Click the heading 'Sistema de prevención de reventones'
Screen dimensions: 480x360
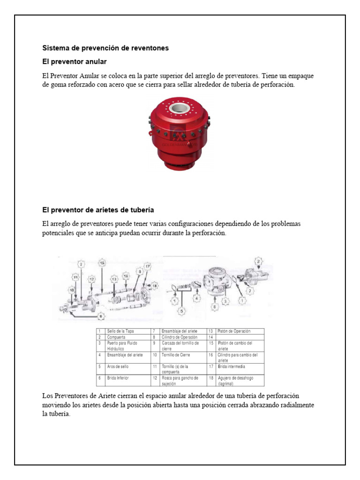(105, 48)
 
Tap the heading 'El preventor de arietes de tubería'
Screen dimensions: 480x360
(98, 210)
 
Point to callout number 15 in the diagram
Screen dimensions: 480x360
(102, 262)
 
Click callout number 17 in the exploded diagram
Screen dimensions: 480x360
(147, 267)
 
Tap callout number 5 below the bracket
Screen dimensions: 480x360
(182, 310)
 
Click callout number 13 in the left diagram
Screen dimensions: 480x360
(114, 279)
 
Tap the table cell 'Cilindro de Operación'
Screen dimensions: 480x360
(180, 337)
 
